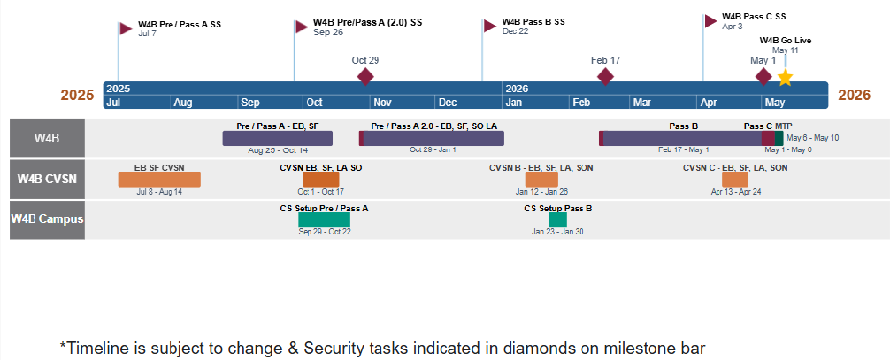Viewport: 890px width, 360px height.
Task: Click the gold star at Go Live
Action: click(785, 77)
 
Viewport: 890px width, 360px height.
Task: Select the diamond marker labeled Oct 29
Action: click(365, 77)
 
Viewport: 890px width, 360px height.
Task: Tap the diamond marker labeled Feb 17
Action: click(605, 77)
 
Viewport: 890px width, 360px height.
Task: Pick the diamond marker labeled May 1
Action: click(763, 77)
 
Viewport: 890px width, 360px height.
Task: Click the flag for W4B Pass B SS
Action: click(489, 25)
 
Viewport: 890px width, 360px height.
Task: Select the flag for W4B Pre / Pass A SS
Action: click(126, 28)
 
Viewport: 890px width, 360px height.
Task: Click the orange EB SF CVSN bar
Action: click(159, 180)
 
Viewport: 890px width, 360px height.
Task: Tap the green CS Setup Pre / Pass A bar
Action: click(324, 220)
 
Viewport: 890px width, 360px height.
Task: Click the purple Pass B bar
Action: click(681, 138)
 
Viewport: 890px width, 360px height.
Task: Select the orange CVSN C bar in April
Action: click(735, 180)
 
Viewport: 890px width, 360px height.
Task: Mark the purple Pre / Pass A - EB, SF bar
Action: click(277, 138)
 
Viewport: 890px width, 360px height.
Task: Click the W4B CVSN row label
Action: click(47, 180)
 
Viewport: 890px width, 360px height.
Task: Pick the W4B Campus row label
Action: click(47, 220)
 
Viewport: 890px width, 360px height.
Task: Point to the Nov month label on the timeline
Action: click(381, 103)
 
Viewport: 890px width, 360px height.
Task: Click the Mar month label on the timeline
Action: click(641, 103)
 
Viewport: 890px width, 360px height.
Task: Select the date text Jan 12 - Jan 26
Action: click(541, 192)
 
